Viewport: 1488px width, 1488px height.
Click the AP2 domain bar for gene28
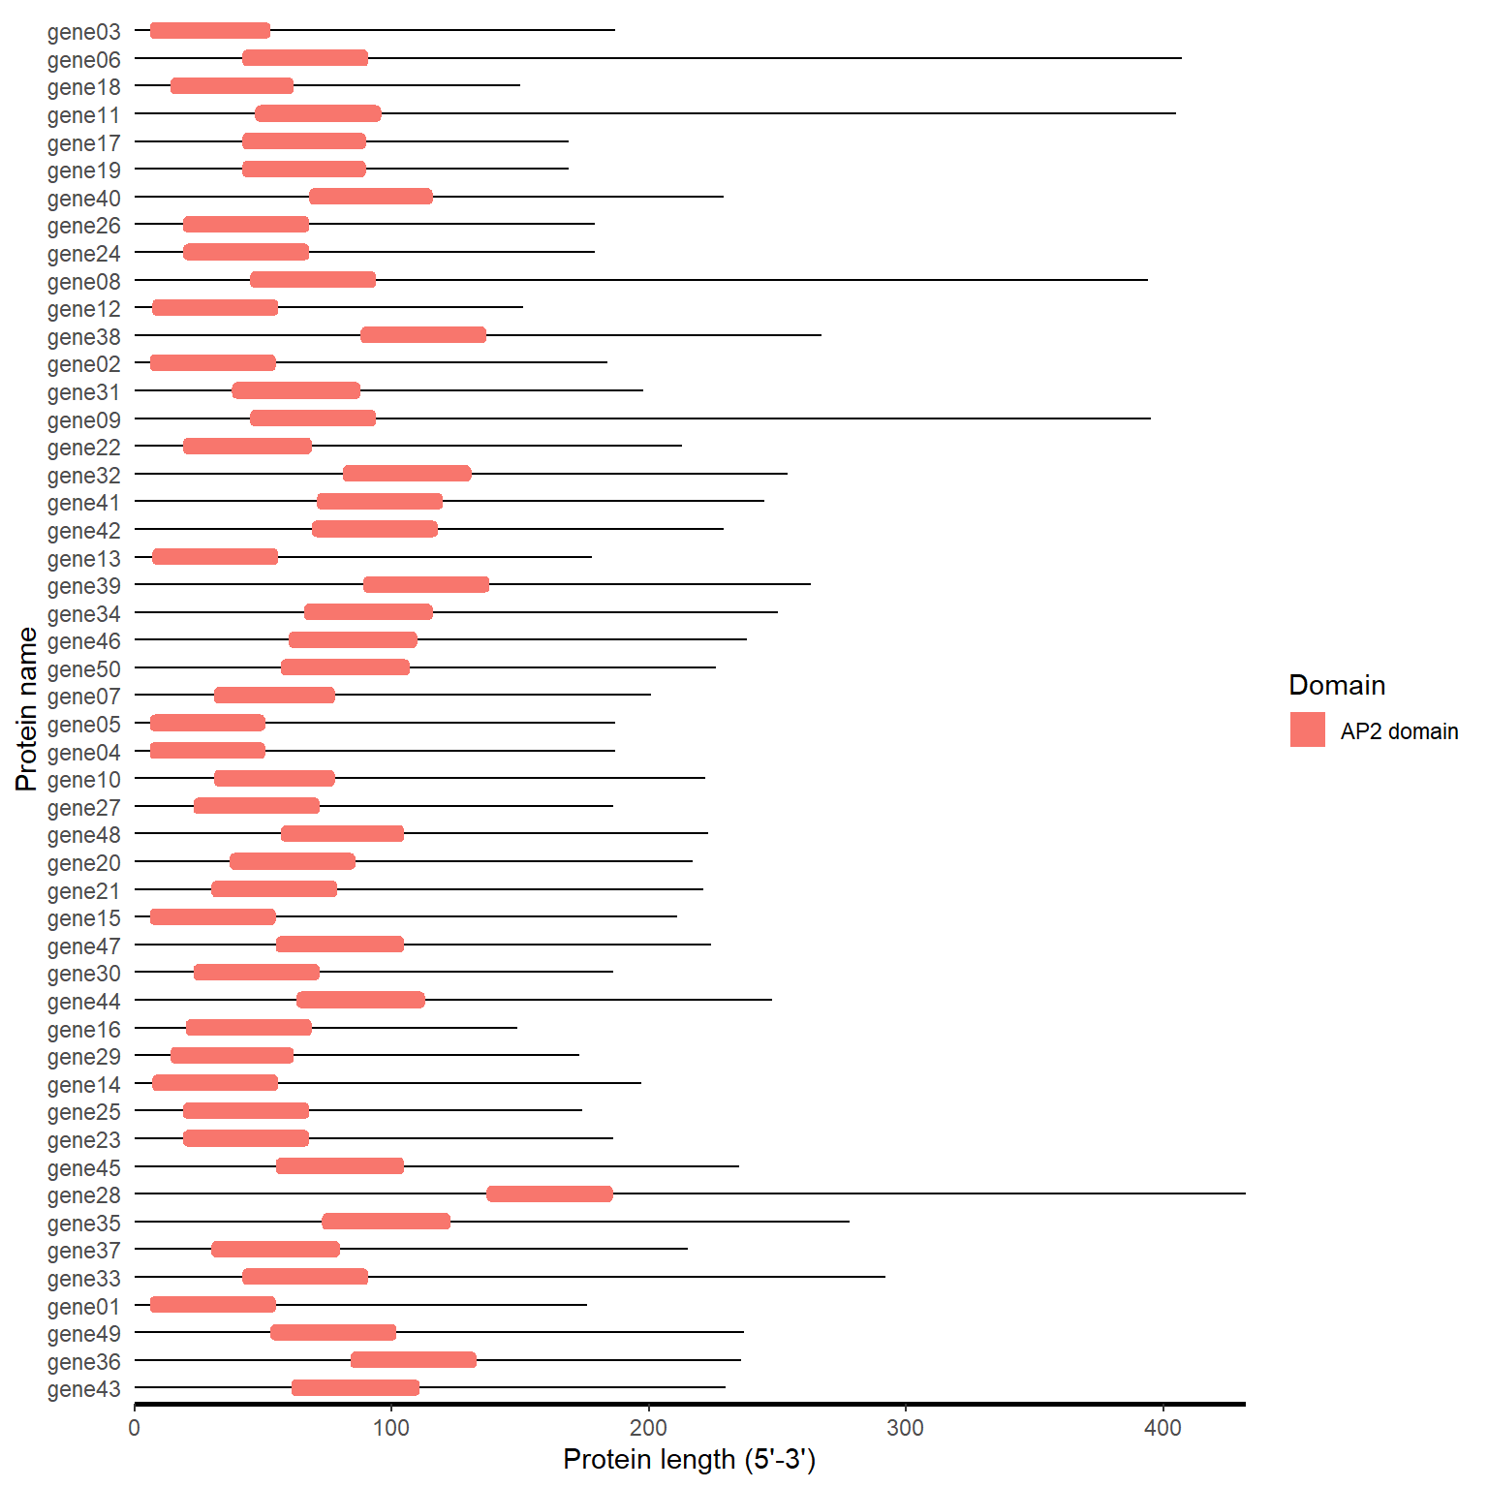[549, 1193]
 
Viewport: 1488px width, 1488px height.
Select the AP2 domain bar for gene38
[423, 335]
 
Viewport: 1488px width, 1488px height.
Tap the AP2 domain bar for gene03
[210, 30]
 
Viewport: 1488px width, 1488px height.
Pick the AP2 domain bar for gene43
[356, 1388]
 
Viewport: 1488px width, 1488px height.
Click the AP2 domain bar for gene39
[426, 584]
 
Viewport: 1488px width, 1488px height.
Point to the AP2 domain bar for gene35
[386, 1222]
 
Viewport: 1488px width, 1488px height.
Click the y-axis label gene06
[84, 60]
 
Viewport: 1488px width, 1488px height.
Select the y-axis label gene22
[84, 448]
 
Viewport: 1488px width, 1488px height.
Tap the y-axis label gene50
[84, 669]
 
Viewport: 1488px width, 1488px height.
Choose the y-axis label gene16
[84, 1030]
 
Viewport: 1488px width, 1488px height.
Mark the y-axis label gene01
[84, 1307]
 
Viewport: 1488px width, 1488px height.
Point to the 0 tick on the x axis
[135, 1427]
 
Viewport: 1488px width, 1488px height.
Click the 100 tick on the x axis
[391, 1427]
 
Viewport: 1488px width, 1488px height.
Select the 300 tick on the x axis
[906, 1427]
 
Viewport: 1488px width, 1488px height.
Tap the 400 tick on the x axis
[1162, 1427]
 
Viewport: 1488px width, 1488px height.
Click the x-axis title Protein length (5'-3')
[689, 1459]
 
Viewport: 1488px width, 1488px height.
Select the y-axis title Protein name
[27, 709]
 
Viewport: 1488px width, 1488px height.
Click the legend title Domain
[1337, 685]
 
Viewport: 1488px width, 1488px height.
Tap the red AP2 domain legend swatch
[1307, 730]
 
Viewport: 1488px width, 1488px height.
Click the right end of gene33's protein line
[884, 1277]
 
